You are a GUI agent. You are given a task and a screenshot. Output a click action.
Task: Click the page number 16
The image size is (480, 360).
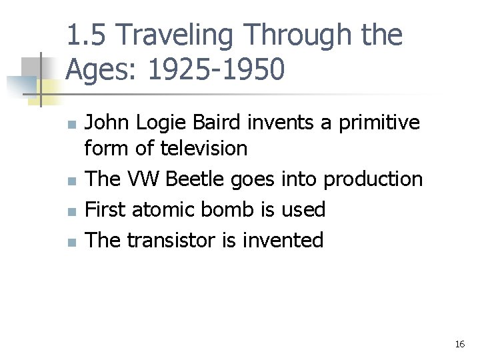[459, 345]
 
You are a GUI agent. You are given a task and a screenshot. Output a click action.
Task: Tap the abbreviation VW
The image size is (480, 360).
[145, 179]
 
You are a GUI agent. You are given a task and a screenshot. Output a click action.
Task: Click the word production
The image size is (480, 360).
[373, 179]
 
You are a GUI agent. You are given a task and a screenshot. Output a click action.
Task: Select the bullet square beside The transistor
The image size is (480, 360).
[73, 241]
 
